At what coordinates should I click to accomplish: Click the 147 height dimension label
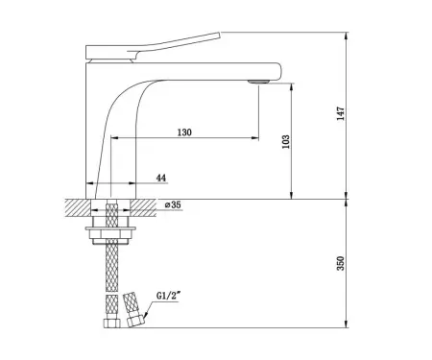341,113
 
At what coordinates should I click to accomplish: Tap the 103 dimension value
286,141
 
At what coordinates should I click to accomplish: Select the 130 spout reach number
184,132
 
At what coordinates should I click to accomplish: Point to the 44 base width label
161,178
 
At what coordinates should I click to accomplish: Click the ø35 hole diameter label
173,204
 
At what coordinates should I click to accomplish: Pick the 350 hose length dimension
341,263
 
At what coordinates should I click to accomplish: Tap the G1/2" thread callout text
167,296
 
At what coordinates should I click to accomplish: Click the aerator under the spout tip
258,82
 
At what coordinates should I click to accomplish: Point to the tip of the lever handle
220,34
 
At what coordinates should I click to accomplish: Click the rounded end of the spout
278,71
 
